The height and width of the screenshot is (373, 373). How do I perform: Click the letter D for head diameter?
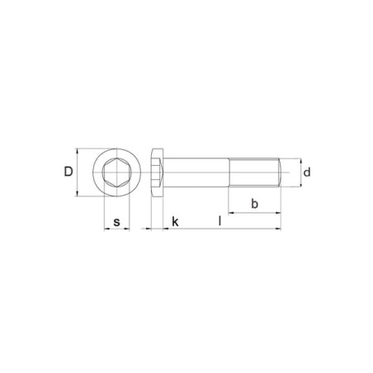(x=68, y=172)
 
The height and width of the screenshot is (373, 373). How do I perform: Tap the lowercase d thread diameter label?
(x=307, y=172)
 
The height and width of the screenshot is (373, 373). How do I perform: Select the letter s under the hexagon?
(x=117, y=222)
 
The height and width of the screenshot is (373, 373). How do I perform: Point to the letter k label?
(x=175, y=222)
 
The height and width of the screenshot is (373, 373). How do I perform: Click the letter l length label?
(x=220, y=220)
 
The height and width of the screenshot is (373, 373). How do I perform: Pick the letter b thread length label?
(x=255, y=204)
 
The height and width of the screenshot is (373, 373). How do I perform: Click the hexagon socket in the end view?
(x=117, y=172)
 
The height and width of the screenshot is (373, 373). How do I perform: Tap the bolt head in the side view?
(x=158, y=172)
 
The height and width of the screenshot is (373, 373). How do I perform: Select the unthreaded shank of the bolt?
(x=196, y=172)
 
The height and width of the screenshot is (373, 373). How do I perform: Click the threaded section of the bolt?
(x=253, y=172)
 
